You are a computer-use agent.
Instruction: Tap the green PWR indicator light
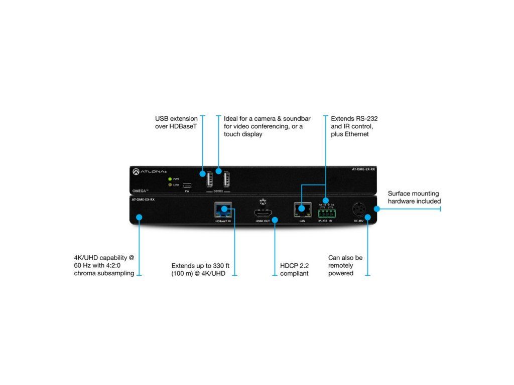pyautogui.click(x=170, y=178)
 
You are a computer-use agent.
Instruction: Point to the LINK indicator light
pyautogui.click(x=170, y=185)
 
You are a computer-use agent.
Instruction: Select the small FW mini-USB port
pyautogui.click(x=187, y=185)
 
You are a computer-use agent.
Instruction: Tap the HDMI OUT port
pyautogui.click(x=263, y=212)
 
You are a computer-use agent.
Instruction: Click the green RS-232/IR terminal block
pyautogui.click(x=327, y=213)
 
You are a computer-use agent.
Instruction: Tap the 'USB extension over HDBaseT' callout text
pyautogui.click(x=176, y=122)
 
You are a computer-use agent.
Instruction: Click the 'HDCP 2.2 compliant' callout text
pyautogui.click(x=295, y=269)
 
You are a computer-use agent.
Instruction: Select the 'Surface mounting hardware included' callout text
pyautogui.click(x=414, y=197)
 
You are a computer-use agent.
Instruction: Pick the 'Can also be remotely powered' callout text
pyautogui.click(x=345, y=265)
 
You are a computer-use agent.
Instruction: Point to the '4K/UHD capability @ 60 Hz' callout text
pyautogui.click(x=104, y=265)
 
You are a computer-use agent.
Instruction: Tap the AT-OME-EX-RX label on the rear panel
pyautogui.click(x=143, y=199)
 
